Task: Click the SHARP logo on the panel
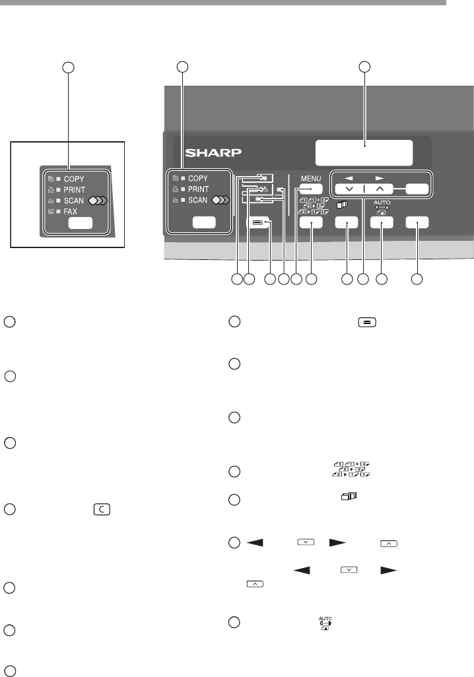(205, 153)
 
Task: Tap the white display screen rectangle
(364, 153)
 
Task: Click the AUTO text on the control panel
(382, 201)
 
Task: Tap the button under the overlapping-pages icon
(346, 223)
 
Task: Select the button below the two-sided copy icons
(310, 223)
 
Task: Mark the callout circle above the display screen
(364, 66)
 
